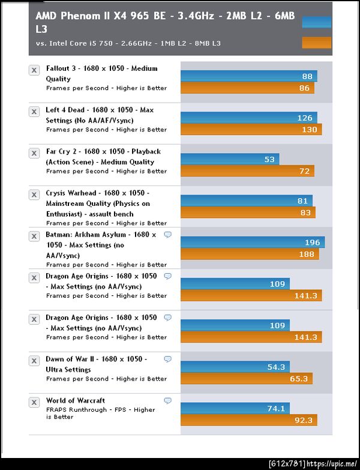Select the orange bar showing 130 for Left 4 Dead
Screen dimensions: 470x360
251,130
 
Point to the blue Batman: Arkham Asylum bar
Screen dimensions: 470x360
253,242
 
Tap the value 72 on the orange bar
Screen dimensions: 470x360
305,171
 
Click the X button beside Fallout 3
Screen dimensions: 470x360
34,70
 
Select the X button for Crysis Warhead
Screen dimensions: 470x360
34,195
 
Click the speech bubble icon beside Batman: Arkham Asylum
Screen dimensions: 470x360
168,235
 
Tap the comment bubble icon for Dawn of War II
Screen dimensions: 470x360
168,359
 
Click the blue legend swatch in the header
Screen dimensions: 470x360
316,22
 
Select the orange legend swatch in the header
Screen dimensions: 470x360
316,42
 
